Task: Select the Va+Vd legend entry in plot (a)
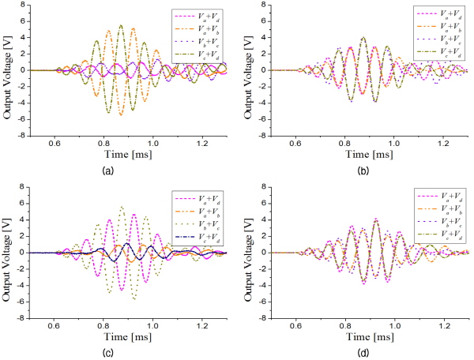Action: point(197,14)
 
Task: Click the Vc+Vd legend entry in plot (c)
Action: point(197,235)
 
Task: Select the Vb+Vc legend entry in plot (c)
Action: point(197,223)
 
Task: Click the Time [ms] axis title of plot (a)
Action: point(129,155)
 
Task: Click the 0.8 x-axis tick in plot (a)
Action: point(103,142)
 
